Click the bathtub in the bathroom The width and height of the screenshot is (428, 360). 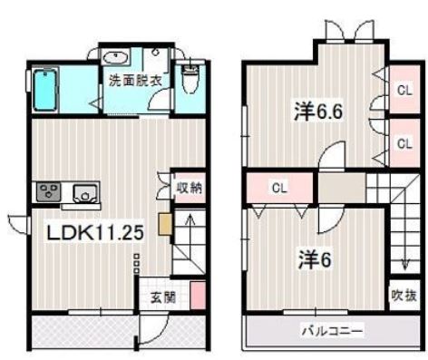point(45,90)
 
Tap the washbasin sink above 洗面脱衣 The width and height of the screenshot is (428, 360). point(115,57)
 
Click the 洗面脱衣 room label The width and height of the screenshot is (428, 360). point(135,81)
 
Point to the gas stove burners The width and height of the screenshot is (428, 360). point(49,191)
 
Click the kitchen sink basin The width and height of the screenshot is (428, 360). point(85,193)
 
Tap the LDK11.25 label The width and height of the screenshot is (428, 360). point(95,232)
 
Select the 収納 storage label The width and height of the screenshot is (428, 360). point(190,188)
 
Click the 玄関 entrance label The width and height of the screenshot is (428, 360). point(163,298)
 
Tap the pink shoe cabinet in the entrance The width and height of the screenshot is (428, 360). point(198,296)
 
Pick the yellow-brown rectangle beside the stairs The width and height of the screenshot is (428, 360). point(165,224)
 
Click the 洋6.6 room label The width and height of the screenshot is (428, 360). point(318,112)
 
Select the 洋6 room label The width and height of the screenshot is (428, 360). point(315,259)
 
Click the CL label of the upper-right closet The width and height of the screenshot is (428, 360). point(404,91)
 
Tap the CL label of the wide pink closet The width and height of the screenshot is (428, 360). point(279,188)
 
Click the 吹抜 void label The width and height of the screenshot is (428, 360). point(404,296)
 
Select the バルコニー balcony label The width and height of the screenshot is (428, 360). point(332,331)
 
